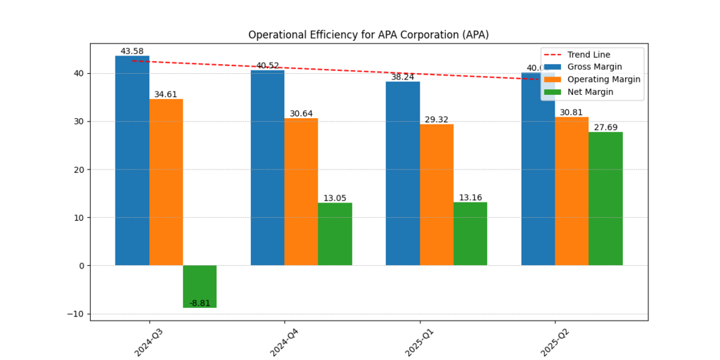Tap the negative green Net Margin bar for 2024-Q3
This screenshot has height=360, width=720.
pos(200,286)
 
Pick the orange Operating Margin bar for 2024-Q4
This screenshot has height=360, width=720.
pos(301,191)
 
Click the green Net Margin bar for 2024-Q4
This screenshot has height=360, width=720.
pos(335,233)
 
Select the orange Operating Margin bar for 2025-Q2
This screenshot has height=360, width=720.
pos(572,191)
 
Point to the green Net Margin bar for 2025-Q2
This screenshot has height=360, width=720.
pos(605,198)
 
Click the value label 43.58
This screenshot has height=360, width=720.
pos(132,51)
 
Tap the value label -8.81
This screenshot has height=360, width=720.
pos(200,303)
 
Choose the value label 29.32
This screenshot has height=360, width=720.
pos(437,120)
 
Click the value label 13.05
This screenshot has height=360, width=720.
pos(335,198)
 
